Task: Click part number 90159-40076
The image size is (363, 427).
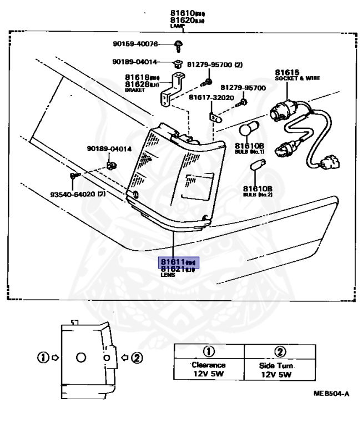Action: click(x=135, y=44)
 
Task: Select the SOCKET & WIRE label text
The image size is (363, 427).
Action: click(x=297, y=78)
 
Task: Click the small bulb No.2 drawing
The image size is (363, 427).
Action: click(x=256, y=166)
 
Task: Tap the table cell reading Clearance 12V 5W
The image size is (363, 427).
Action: click(x=209, y=370)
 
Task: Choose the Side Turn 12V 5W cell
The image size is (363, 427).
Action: click(x=280, y=370)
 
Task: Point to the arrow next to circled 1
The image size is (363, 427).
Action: click(x=54, y=358)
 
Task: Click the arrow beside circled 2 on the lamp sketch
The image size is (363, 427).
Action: click(x=125, y=358)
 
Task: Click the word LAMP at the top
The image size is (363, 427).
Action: click(x=177, y=26)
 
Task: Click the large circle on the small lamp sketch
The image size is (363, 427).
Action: click(x=81, y=358)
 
